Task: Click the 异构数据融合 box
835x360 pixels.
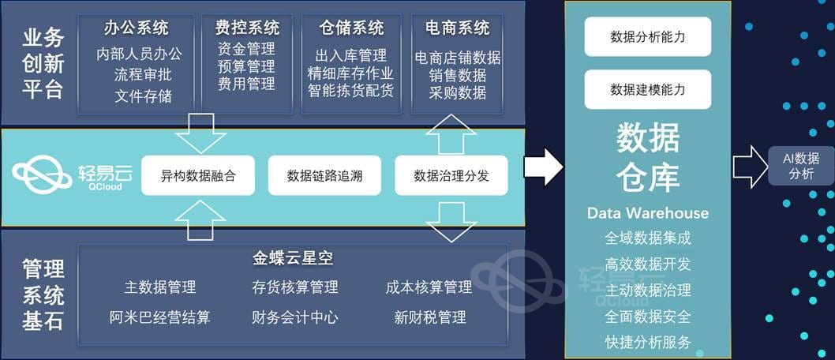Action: point(198,175)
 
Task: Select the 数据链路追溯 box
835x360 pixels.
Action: point(324,175)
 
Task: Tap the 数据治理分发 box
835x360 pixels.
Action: point(451,175)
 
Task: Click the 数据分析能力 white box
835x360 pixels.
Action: point(648,36)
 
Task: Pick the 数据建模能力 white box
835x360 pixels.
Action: point(648,89)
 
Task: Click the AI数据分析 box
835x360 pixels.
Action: point(801,166)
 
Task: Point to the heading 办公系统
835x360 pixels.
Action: point(137,28)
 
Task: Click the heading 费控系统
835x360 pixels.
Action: point(246,28)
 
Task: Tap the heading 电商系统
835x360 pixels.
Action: point(457,28)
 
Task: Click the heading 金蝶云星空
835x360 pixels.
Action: point(292,258)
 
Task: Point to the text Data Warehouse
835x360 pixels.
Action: point(648,213)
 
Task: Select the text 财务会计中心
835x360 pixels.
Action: point(295,317)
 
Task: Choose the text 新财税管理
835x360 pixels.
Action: point(430,317)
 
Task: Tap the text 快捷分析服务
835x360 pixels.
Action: point(648,342)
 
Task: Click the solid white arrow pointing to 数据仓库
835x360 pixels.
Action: point(544,166)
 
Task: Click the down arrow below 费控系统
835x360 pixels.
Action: point(200,132)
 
